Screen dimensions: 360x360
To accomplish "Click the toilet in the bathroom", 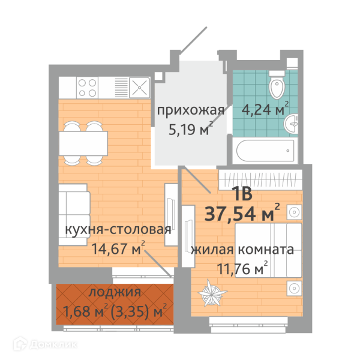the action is [x=277, y=85].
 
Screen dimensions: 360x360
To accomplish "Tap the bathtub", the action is [x=265, y=151].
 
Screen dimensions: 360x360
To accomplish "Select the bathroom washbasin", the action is [x=291, y=124].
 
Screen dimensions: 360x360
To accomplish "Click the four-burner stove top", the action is [x=87, y=88].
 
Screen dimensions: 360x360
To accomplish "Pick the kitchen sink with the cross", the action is [x=139, y=88].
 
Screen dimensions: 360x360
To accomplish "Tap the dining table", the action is [x=83, y=143].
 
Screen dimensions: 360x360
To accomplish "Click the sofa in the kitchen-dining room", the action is [x=74, y=215].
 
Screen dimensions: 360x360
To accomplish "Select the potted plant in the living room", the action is [x=212, y=293].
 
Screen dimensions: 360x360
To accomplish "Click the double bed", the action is [x=268, y=250].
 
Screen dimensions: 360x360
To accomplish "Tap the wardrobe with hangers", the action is [x=260, y=180].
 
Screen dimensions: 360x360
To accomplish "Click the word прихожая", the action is [x=191, y=110].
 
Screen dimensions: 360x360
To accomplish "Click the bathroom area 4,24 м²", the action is [x=265, y=109].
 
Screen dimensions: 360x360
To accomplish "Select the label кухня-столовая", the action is [x=118, y=229].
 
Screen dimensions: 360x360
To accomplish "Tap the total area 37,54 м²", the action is [x=242, y=213].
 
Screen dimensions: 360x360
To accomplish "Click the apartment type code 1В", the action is [x=242, y=194].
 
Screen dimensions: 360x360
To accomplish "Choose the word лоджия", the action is [x=115, y=293].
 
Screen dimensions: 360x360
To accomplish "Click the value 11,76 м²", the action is [x=242, y=268].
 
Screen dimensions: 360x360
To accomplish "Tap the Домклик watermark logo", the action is [x=45, y=344].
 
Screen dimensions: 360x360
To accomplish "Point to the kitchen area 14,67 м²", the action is [x=118, y=248].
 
